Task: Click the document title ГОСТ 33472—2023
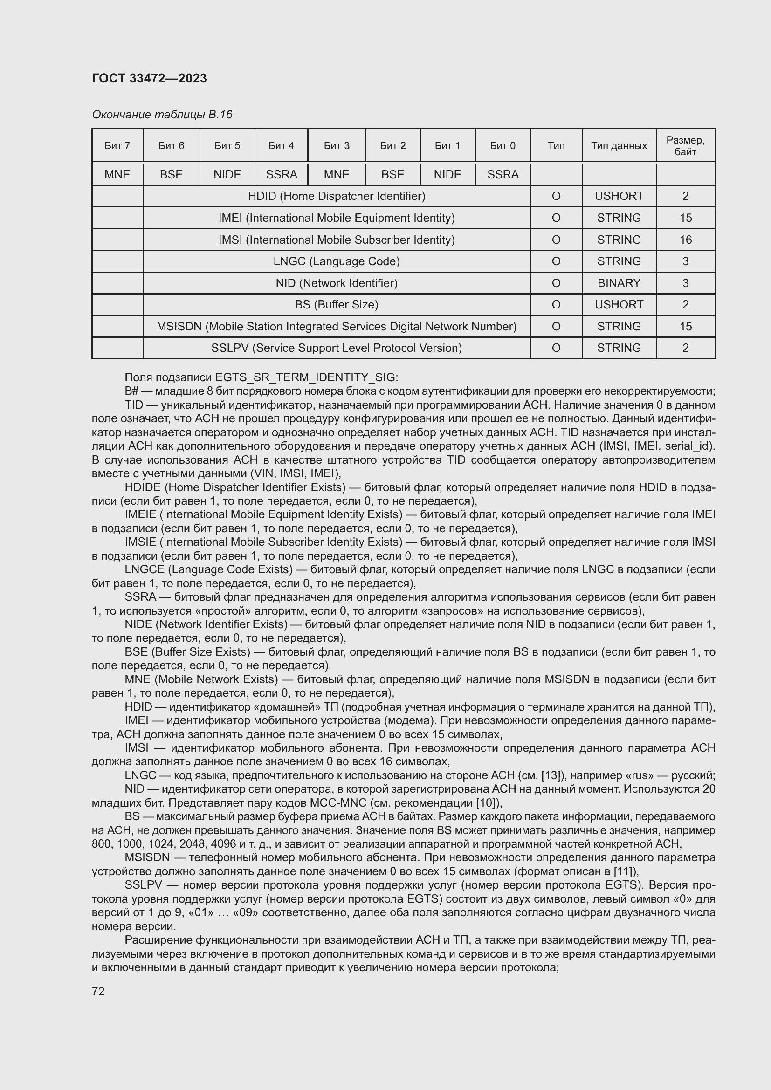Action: tap(149, 78)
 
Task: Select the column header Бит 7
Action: tap(117, 146)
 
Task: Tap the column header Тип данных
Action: tap(619, 146)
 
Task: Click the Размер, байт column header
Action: tap(685, 146)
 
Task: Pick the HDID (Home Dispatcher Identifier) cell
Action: tap(336, 196)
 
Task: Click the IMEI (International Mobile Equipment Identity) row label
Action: tap(336, 218)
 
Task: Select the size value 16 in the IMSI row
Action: tap(685, 240)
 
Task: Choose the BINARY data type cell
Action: tap(619, 283)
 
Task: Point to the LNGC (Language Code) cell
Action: tap(336, 261)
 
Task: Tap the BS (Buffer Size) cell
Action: tap(336, 304)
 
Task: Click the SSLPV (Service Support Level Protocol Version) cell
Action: tap(336, 348)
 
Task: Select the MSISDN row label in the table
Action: tap(336, 327)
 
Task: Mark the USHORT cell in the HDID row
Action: tap(619, 196)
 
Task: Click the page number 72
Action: tap(98, 991)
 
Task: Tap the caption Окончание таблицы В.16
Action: tap(162, 115)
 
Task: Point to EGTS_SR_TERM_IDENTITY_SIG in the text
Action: tap(305, 377)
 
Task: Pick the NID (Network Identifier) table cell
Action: tap(336, 283)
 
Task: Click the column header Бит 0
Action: tap(503, 146)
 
